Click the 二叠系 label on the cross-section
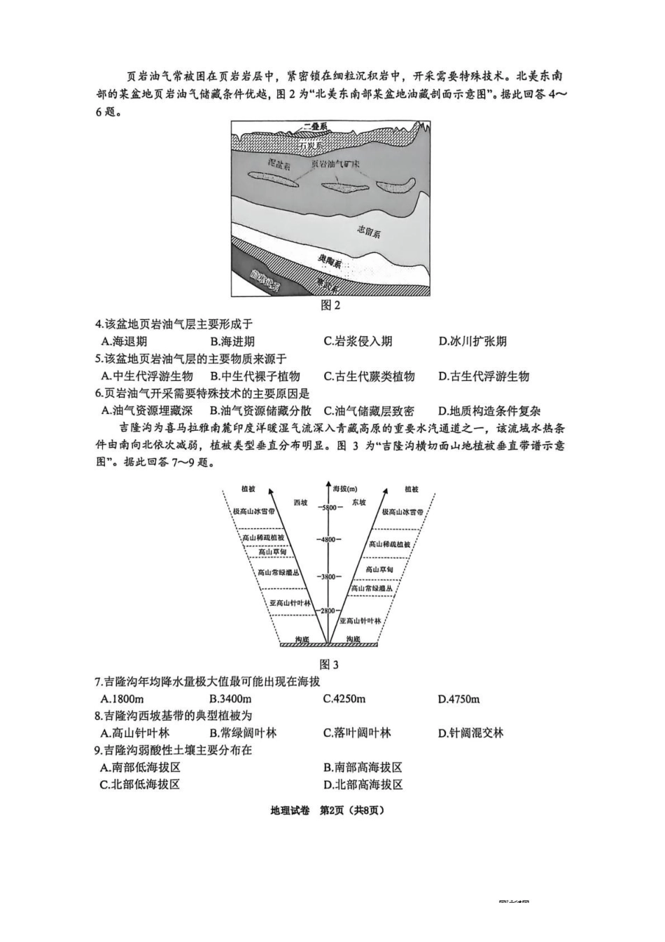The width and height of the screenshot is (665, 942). tap(316, 127)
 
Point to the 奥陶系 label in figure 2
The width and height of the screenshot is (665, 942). tap(330, 263)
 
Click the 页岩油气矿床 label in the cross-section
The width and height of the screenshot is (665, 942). tap(335, 164)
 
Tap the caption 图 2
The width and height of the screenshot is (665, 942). tap(330, 305)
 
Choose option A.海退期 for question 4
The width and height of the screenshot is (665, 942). tap(124, 342)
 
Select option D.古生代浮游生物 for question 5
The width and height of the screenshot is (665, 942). tap(484, 376)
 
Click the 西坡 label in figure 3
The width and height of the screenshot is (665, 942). tap(300, 503)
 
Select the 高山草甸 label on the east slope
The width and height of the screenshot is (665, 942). tap(379, 569)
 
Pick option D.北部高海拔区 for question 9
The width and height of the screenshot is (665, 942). tap(363, 784)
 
